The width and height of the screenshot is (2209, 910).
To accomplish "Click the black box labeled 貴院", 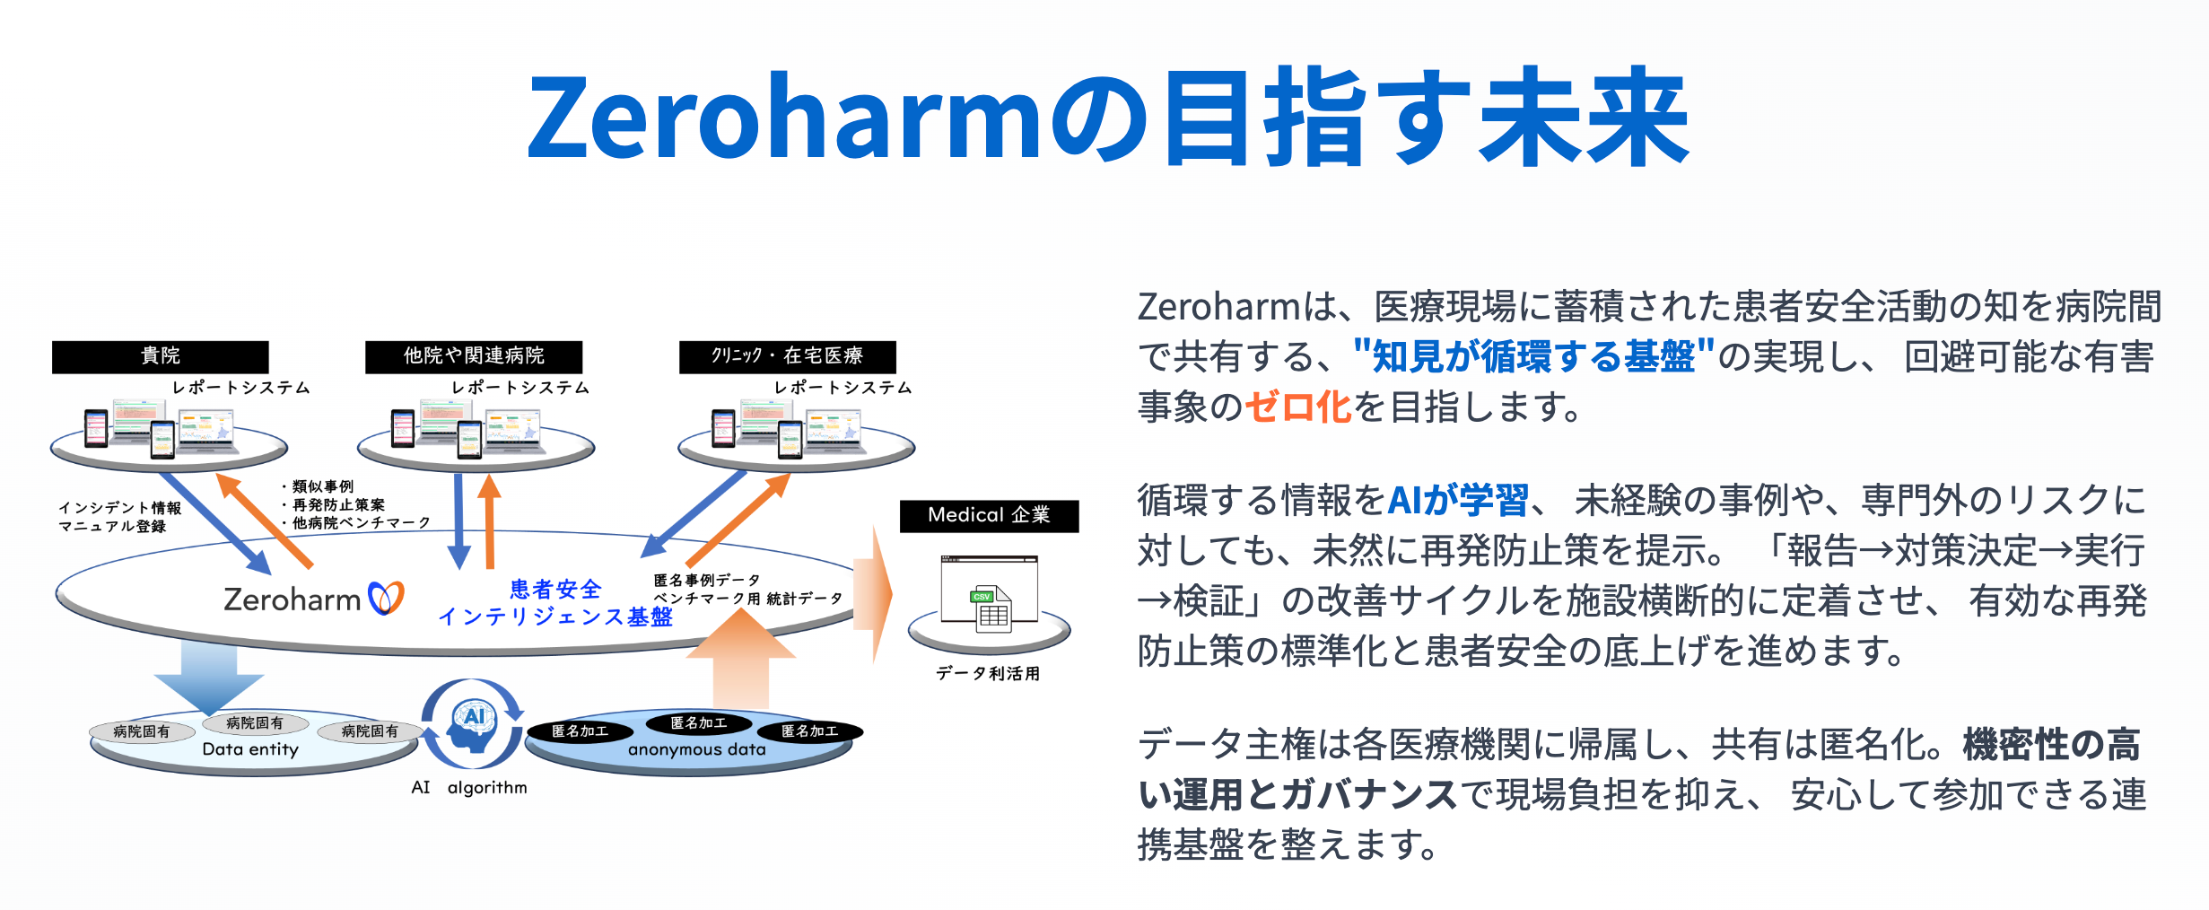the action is [x=161, y=356].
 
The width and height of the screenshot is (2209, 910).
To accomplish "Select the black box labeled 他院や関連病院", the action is [x=474, y=356].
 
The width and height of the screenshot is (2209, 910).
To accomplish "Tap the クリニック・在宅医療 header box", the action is [x=787, y=356].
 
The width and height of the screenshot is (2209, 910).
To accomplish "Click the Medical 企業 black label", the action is [x=989, y=516].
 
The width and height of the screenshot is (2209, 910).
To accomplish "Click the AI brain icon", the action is [x=473, y=725].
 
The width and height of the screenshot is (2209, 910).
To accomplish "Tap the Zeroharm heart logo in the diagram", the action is [x=386, y=598].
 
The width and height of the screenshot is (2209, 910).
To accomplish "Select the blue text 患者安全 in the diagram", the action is [x=555, y=590].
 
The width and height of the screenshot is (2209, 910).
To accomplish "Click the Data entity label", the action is [x=250, y=749].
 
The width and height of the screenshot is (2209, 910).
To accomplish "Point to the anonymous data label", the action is [x=697, y=749].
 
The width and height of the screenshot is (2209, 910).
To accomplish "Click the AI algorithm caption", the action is [x=469, y=788].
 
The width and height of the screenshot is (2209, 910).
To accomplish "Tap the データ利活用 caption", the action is [x=988, y=673].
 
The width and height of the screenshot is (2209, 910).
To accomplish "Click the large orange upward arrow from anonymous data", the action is [x=741, y=658].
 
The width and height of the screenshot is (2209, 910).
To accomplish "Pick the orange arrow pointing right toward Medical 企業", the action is [x=873, y=594].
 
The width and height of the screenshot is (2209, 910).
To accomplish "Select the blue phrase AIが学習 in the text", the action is [x=1458, y=501].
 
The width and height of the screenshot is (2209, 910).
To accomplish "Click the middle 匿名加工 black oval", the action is [x=699, y=722].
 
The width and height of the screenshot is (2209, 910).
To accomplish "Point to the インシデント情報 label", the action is [x=120, y=508].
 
